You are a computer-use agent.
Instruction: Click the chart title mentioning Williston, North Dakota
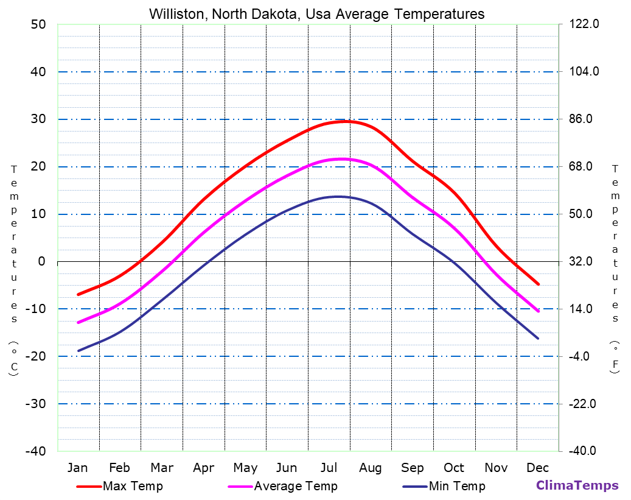[316, 14]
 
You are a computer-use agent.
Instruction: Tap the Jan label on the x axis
[77, 468]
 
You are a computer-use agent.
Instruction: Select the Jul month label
[329, 468]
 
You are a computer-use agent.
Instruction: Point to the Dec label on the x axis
[538, 468]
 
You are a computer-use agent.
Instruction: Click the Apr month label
[203, 468]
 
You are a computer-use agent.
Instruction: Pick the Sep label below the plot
[413, 468]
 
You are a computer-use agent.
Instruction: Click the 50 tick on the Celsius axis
[38, 24]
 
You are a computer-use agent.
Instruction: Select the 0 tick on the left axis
[41, 261]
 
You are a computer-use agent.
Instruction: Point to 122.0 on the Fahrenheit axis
[584, 24]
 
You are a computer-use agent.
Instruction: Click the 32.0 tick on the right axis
[584, 261]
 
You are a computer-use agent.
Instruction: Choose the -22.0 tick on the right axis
[584, 404]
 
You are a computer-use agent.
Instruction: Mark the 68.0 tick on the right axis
[584, 166]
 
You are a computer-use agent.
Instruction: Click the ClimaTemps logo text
[577, 485]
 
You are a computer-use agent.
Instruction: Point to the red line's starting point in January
[78, 295]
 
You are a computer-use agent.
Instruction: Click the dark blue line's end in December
[538, 339]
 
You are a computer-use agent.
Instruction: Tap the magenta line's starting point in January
[78, 323]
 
